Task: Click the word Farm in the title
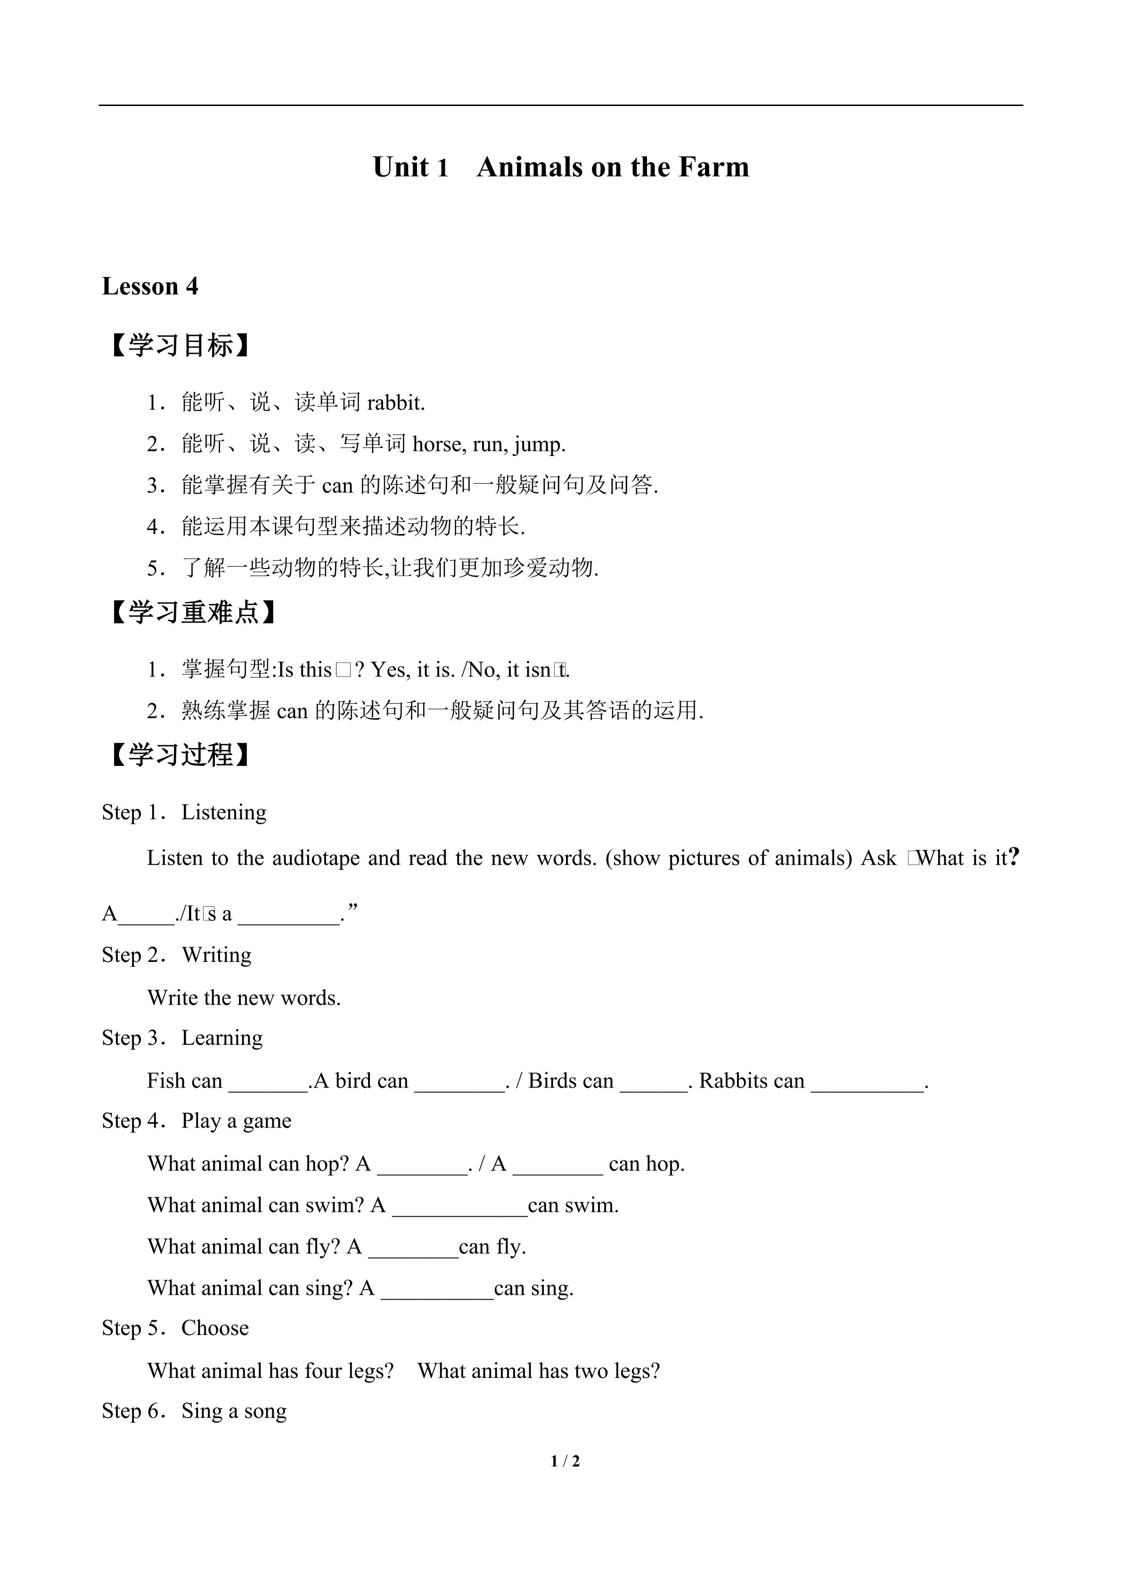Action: [713, 167]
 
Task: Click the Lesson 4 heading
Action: [150, 286]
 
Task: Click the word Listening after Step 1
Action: [224, 813]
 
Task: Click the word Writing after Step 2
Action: [216, 955]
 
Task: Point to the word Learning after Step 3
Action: [222, 1038]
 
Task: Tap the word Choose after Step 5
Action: [215, 1328]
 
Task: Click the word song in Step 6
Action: [265, 1411]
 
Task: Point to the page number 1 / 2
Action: [565, 1461]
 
